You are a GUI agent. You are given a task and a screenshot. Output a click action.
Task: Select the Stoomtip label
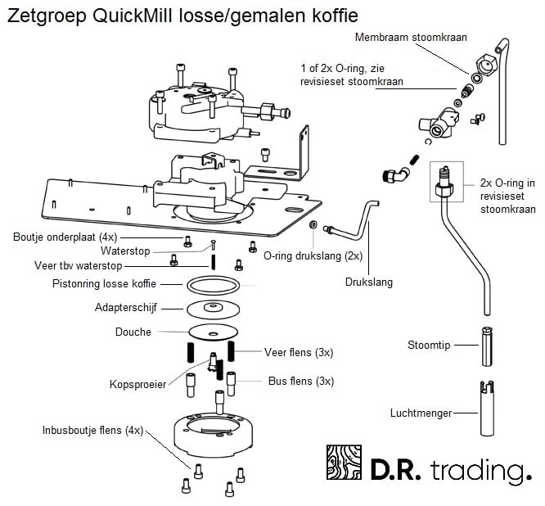click(430, 345)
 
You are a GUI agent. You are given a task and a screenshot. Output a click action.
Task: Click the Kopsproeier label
click(138, 384)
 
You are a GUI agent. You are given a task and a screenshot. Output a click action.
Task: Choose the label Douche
click(133, 332)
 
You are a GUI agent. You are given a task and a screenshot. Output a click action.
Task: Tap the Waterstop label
click(125, 251)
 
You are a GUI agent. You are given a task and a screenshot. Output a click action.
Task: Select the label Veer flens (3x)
click(298, 352)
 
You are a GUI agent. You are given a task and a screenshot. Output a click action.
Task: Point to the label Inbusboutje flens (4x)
click(92, 429)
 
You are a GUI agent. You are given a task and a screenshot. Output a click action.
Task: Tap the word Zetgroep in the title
click(40, 16)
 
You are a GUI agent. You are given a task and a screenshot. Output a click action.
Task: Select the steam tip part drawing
click(486, 346)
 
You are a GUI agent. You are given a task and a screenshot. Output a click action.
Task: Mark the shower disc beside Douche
click(213, 332)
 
